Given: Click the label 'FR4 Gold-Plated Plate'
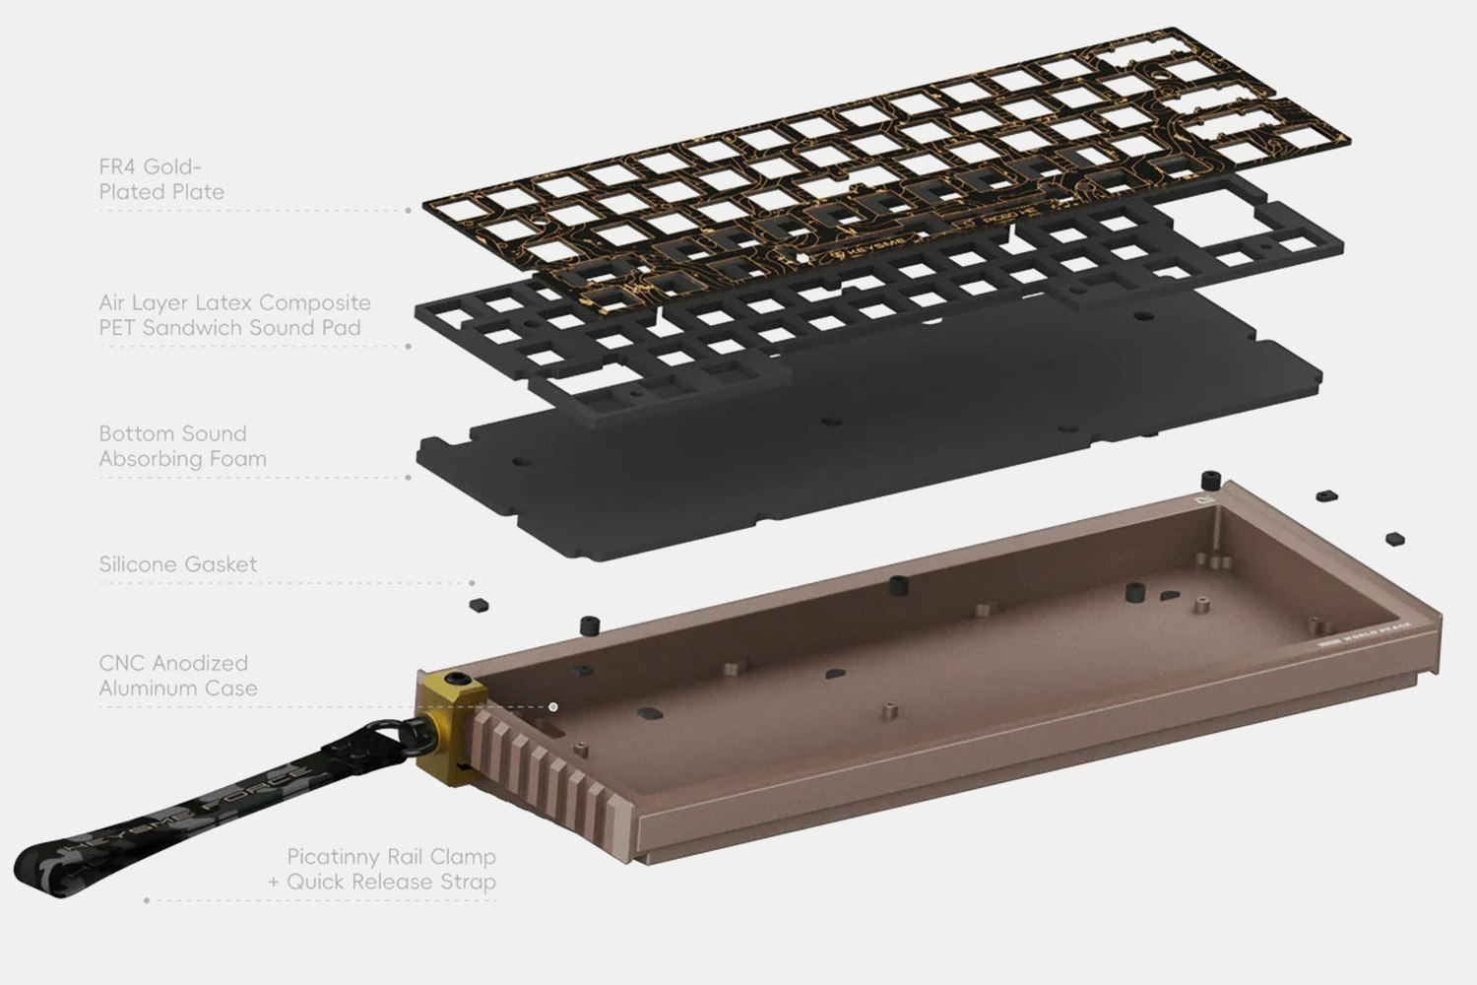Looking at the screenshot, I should click(x=161, y=179).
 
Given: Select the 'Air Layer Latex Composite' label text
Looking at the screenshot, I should click(x=234, y=302).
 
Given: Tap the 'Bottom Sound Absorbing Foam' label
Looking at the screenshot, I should click(x=182, y=446).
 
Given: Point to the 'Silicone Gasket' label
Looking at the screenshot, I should click(x=177, y=564).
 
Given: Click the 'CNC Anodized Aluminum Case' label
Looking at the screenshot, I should click(x=177, y=676).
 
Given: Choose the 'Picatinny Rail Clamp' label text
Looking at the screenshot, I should click(x=391, y=856).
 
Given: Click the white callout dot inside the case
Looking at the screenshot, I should click(x=553, y=706).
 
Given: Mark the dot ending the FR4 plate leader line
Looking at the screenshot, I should click(x=409, y=211).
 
